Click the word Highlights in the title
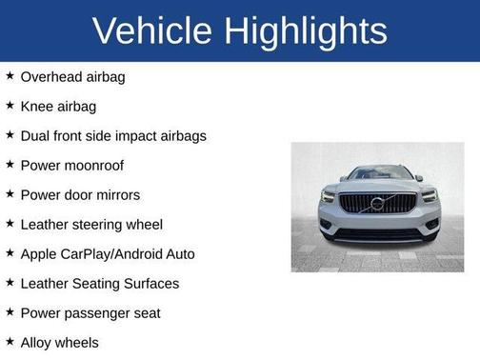308,30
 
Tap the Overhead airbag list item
72,77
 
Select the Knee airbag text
58,107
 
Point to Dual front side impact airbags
113,136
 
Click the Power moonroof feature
72,166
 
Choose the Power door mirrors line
80,195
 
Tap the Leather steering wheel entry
91,225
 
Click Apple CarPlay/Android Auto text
108,254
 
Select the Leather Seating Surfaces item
99,284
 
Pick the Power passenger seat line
90,313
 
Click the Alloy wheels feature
59,343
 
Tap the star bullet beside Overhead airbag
10,76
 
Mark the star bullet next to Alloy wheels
10,342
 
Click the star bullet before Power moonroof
10,165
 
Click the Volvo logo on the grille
378,203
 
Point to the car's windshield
378,173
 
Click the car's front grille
378,204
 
